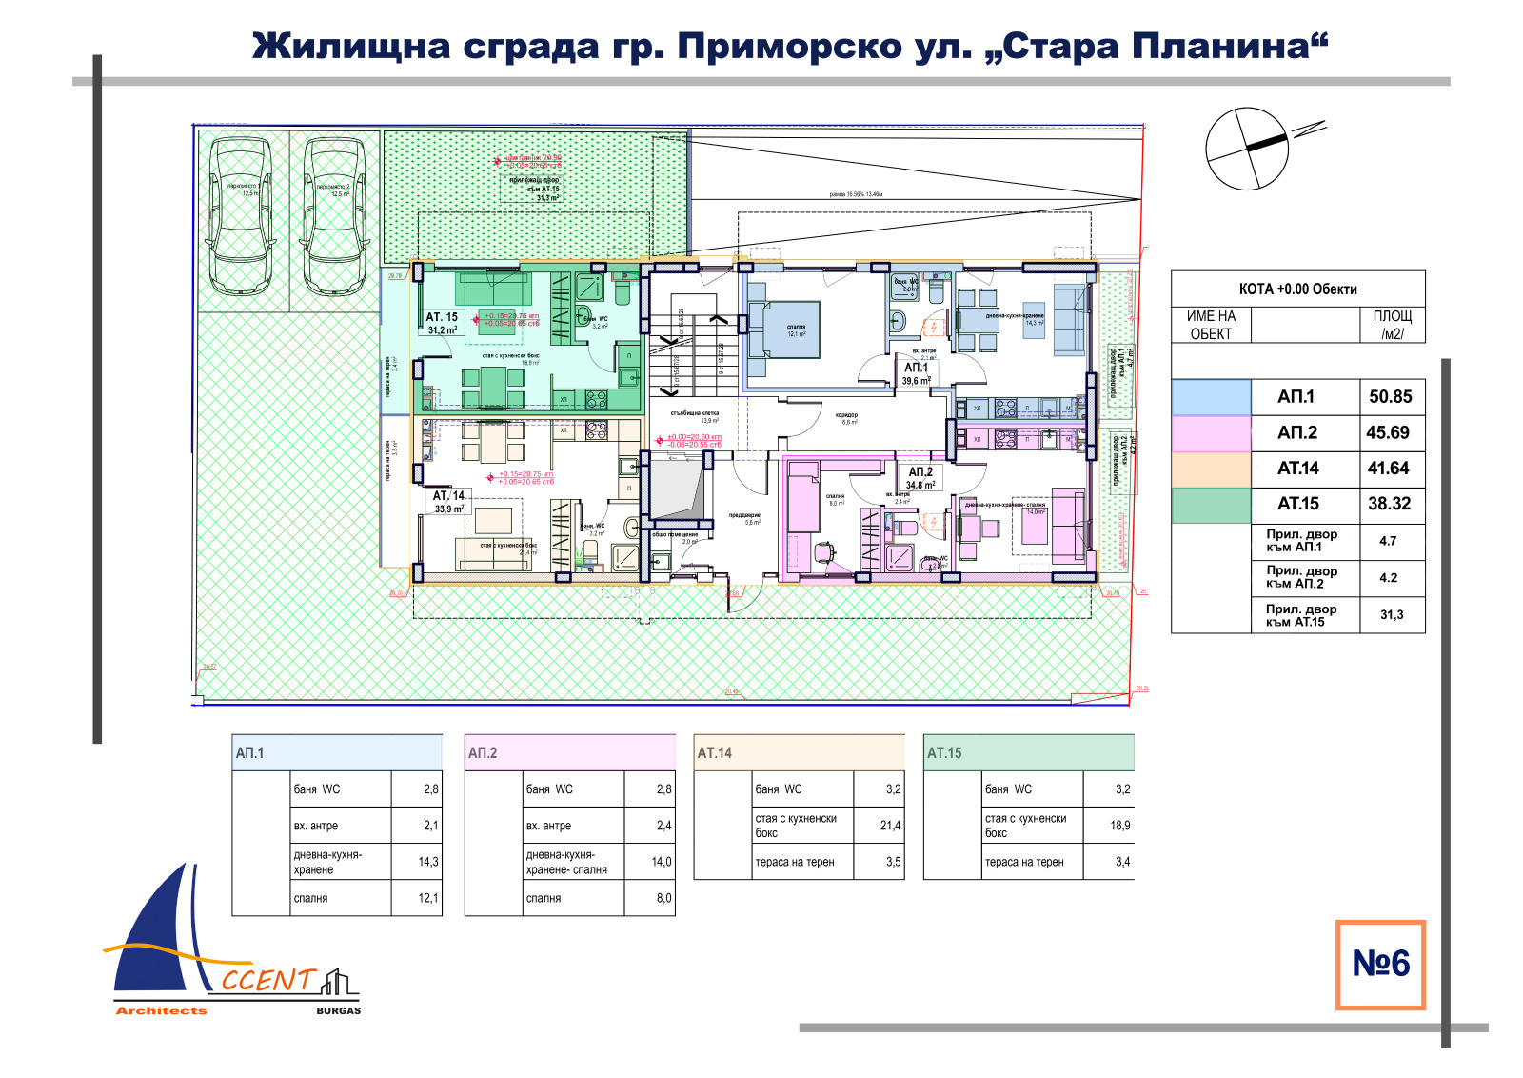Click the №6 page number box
pos(1380,964)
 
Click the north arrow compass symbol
pos(1247,149)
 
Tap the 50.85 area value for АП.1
pos(1390,397)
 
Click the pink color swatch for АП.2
pos(1211,433)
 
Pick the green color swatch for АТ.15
pos(1211,505)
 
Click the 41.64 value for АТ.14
pos(1388,469)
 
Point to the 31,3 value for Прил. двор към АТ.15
pos(1391,615)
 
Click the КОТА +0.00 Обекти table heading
pos(1297,289)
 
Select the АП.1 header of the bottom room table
pos(250,753)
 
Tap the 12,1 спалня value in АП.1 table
pos(428,898)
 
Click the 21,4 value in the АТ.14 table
pos(890,826)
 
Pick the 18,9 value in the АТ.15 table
pos(1119,826)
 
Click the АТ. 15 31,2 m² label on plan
pos(442,323)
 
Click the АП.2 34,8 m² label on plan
pos(920,478)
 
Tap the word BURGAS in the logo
pos(338,1010)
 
